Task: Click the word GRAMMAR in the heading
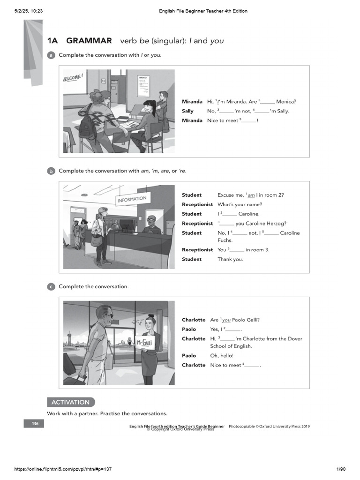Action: tap(89, 41)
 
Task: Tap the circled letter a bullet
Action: tap(51, 55)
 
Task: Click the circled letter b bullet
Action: tap(51, 171)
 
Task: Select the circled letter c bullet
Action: tap(51, 287)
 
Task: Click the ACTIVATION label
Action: tap(70, 402)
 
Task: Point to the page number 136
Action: tap(35, 424)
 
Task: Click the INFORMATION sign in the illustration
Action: tap(132, 200)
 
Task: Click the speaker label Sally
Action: tap(187, 111)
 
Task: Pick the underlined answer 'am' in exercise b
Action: tap(251, 195)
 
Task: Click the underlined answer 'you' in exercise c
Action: tap(226, 320)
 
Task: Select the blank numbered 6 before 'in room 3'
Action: tap(237, 250)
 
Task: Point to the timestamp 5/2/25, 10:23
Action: tap(29, 11)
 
